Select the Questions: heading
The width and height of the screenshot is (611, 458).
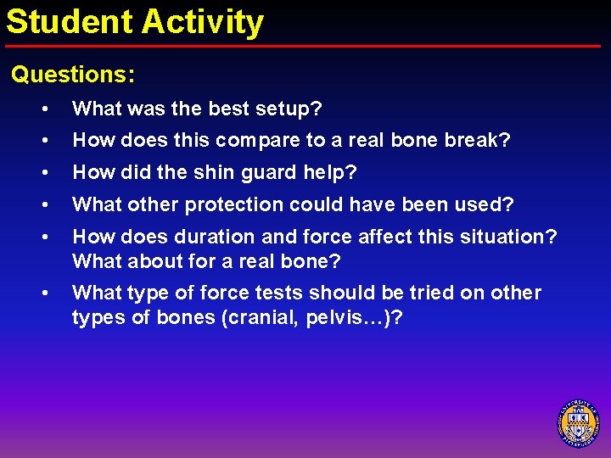coord(73,75)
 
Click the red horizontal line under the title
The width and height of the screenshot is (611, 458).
coord(305,46)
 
